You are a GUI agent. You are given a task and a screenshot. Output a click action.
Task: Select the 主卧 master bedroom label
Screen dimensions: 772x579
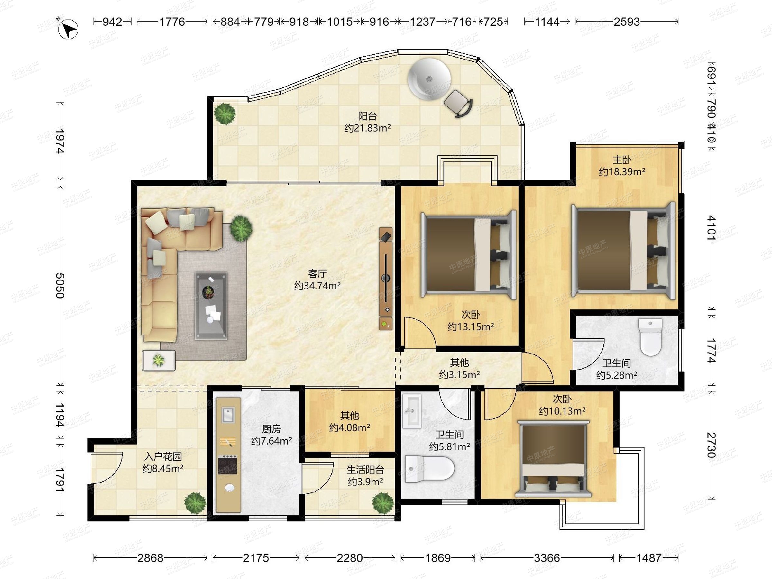click(x=622, y=160)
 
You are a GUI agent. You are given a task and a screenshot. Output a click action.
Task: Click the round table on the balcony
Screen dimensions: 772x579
click(x=429, y=79)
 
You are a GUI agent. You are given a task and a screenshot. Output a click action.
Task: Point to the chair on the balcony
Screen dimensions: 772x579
click(x=458, y=103)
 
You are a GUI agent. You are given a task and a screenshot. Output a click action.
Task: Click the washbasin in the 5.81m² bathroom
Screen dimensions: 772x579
click(x=412, y=411)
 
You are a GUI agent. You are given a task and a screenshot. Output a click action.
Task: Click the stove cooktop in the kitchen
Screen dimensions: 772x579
click(x=227, y=465)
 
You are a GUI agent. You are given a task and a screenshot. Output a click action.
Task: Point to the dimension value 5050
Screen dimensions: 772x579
click(x=60, y=285)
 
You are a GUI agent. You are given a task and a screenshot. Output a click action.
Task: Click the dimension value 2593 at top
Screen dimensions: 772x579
click(x=627, y=22)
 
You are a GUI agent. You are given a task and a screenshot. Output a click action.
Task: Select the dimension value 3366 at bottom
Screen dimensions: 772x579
click(x=547, y=558)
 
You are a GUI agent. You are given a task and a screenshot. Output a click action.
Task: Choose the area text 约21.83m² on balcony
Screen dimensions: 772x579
click(x=367, y=128)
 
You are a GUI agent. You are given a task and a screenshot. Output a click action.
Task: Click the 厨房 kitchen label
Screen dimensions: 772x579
click(x=271, y=428)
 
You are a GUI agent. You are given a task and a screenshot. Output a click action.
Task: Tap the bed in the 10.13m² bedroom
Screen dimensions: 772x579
click(x=553, y=459)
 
